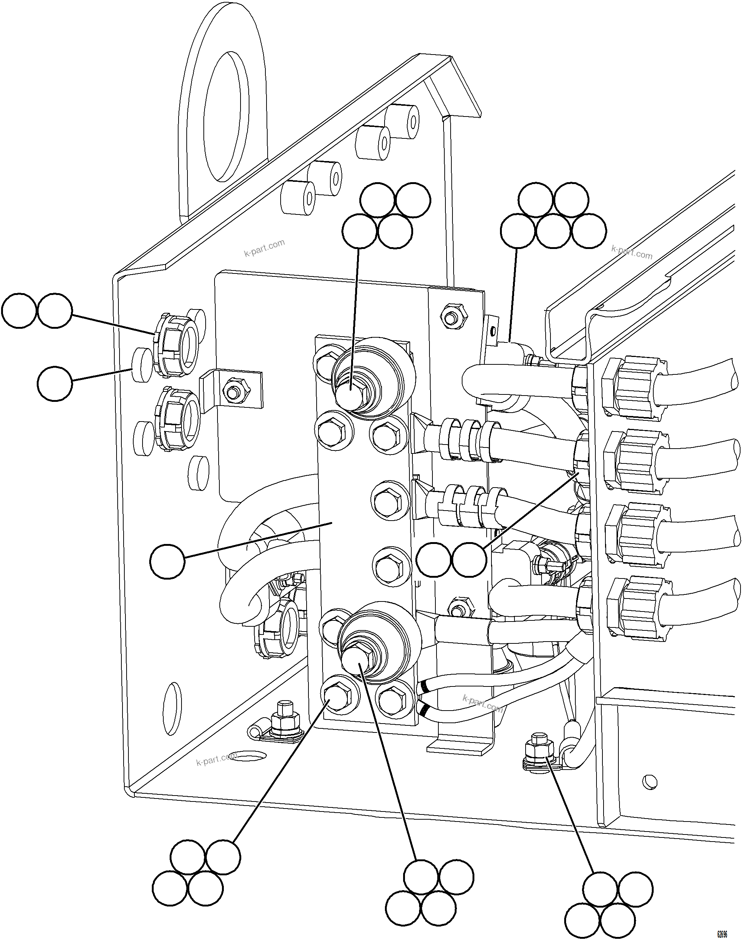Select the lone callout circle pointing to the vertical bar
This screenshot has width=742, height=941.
(x=167, y=561)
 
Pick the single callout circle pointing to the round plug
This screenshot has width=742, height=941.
(x=54, y=383)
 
